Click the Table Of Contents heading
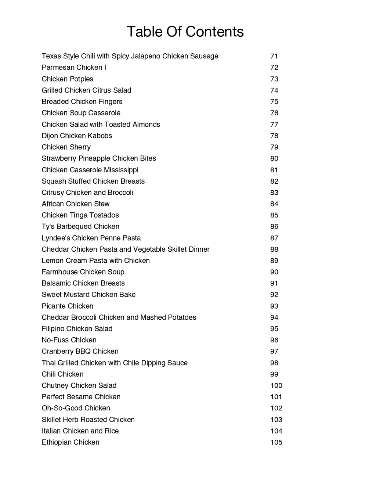click(x=185, y=32)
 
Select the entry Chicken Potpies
click(x=67, y=79)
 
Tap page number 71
click(x=274, y=56)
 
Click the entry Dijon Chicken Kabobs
click(x=77, y=136)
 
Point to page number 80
click(x=274, y=158)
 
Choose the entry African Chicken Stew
click(x=75, y=204)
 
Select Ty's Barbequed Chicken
click(x=80, y=227)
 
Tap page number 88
click(x=274, y=249)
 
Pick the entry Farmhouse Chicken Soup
click(x=83, y=272)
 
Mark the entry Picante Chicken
click(x=67, y=306)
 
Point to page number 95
click(x=274, y=329)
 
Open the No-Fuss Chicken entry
click(x=69, y=340)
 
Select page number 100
click(x=276, y=385)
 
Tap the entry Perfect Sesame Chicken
click(x=81, y=397)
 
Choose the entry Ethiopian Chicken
click(x=70, y=442)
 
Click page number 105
click(x=276, y=442)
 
